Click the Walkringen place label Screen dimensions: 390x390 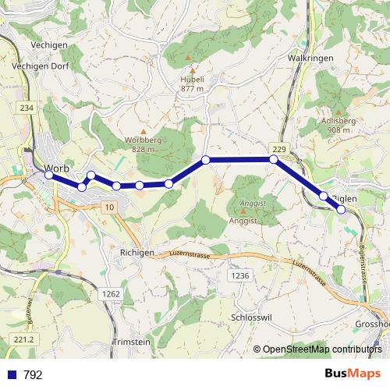point(310,58)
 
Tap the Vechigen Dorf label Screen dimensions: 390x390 point(41,66)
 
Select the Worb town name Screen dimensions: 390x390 point(58,168)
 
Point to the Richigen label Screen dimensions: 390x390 point(137,253)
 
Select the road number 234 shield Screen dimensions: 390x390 point(27,108)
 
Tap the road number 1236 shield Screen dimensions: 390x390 point(240,276)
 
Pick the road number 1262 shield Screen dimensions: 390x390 point(111,293)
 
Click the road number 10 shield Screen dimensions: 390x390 point(108,206)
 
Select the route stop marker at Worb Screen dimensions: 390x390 point(48,175)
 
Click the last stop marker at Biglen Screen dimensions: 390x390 point(341,209)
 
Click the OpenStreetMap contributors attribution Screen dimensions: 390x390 point(321,349)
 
